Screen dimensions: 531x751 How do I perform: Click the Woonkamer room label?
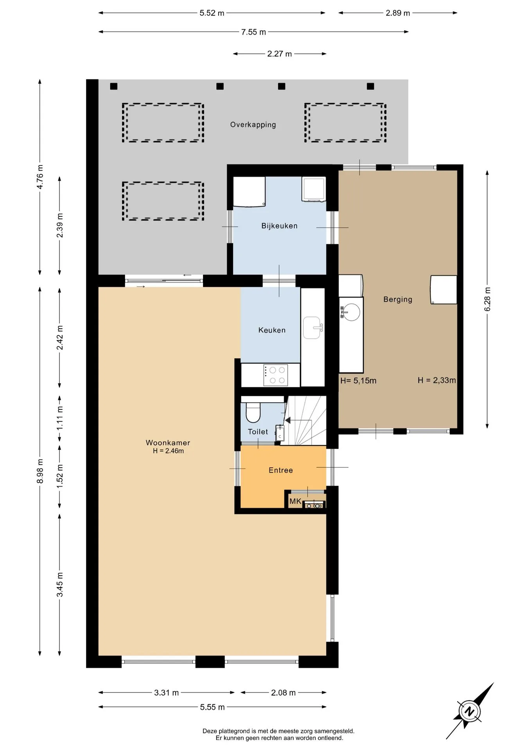coord(168,443)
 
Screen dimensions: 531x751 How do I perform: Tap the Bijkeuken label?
coord(280,226)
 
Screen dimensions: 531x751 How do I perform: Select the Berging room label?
coord(398,300)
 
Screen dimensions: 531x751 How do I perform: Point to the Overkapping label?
coord(253,125)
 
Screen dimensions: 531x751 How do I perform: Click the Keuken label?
coord(272,330)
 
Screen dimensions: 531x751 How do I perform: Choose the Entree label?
coord(281,470)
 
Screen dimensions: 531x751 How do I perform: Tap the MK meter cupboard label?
coord(295,501)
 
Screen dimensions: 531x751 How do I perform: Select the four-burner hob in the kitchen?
coord(276,375)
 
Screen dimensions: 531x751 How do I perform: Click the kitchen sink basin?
coord(312,328)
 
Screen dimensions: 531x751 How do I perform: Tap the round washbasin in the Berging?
coord(351,312)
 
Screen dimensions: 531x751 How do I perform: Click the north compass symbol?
coord(470,711)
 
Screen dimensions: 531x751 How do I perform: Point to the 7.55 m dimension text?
coord(253,32)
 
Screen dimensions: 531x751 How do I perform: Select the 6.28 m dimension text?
coord(487,299)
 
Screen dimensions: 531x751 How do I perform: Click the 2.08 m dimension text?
coord(283,693)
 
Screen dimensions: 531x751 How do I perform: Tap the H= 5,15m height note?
coord(358,381)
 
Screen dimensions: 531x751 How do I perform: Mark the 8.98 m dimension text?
coord(40,471)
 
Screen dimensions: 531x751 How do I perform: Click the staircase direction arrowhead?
coord(288,420)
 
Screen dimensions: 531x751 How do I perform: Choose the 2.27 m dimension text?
coord(280,54)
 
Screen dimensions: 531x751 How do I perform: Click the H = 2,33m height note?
coord(437,380)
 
